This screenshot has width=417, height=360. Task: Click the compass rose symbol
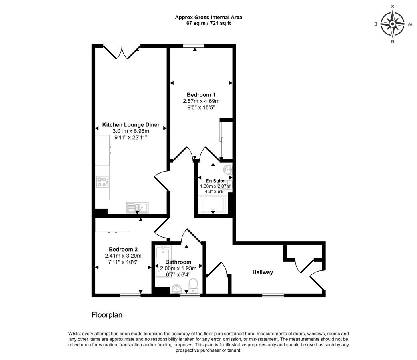pyautogui.click(x=393, y=24)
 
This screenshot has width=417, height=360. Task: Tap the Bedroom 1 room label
pyautogui.click(x=201, y=95)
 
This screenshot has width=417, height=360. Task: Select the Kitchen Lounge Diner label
pyautogui.click(x=131, y=125)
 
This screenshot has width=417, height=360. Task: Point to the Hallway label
pyautogui.click(x=263, y=272)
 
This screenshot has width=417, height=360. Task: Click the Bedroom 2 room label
pyautogui.click(x=123, y=249)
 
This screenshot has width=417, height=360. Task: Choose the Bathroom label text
pyautogui.click(x=178, y=262)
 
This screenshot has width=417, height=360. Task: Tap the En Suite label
pyautogui.click(x=215, y=181)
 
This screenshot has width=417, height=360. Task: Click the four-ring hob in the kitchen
pyautogui.click(x=102, y=182)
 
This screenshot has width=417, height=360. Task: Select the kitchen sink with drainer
pyautogui.click(x=138, y=207)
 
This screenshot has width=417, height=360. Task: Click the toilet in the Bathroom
pyautogui.click(x=194, y=286)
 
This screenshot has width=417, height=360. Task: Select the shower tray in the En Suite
pyautogui.click(x=213, y=205)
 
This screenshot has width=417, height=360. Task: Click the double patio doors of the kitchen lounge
pyautogui.click(x=122, y=52)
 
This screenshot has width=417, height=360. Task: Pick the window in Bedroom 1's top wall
pyautogui.click(x=194, y=46)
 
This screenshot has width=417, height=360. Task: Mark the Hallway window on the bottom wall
pyautogui.click(x=273, y=295)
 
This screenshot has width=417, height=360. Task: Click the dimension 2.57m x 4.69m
pyautogui.click(x=201, y=101)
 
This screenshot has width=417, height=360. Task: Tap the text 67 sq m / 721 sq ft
pyautogui.click(x=208, y=23)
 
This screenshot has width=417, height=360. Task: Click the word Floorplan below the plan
pyautogui.click(x=107, y=315)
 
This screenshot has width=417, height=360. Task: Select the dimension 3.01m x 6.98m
pyautogui.click(x=131, y=131)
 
